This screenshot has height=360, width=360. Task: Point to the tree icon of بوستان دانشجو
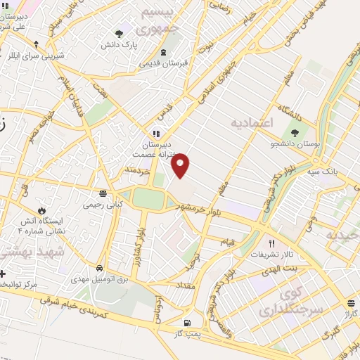pos(294,131)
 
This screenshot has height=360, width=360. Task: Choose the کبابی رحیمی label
pos(103,205)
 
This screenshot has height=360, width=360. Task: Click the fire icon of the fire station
pos(41,210)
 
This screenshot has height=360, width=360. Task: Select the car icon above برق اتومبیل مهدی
pos(100,269)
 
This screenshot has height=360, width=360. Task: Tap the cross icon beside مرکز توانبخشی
pos(2,273)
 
